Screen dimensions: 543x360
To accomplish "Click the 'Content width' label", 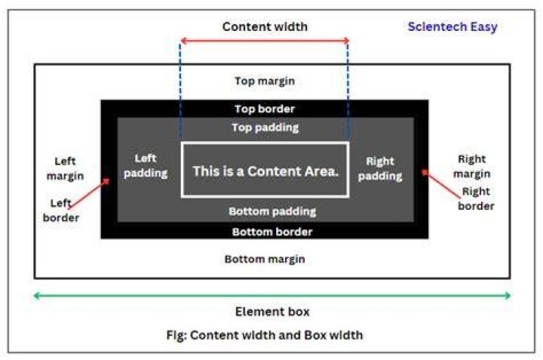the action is click(x=265, y=26).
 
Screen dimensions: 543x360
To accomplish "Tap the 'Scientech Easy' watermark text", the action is click(x=452, y=26).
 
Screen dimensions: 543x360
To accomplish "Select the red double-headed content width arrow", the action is click(x=265, y=41).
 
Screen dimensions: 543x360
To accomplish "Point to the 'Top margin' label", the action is click(x=265, y=81).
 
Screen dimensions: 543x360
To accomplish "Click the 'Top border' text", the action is click(x=265, y=109).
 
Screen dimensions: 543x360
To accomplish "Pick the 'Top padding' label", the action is click(x=265, y=128).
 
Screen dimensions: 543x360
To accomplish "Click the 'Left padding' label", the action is click(x=146, y=165).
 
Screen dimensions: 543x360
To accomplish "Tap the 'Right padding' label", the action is click(x=380, y=169).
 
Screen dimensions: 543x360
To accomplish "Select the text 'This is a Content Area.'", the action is click(x=265, y=171).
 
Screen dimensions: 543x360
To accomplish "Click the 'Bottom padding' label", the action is click(x=272, y=211).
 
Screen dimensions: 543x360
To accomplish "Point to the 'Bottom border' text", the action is click(x=272, y=232).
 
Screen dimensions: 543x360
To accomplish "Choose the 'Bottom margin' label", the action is click(x=265, y=259).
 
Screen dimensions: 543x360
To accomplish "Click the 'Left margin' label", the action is click(x=65, y=169).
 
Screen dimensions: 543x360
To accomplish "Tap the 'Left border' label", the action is click(x=61, y=211).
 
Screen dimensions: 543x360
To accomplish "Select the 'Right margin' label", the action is click(x=472, y=166).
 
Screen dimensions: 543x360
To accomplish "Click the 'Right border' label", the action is click(x=476, y=198).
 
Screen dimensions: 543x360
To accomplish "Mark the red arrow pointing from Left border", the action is click(x=89, y=193).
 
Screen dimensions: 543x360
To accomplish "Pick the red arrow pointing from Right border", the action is click(x=441, y=183).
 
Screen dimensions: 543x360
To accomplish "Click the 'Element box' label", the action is click(x=272, y=312).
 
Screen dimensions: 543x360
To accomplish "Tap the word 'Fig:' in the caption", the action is click(x=176, y=335).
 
